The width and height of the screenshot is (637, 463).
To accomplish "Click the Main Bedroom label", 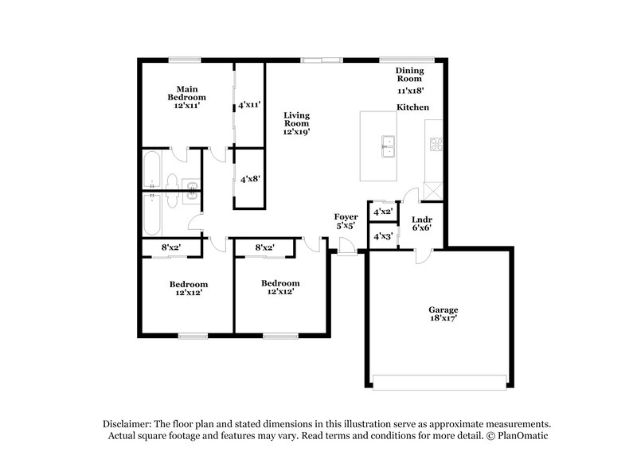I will tap(186, 92).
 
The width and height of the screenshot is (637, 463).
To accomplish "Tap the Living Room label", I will tap(296, 119).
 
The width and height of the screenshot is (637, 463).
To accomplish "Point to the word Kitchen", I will tap(413, 107).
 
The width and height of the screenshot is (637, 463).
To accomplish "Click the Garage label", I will tap(444, 309).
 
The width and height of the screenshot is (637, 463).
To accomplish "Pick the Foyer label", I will tap(346, 216).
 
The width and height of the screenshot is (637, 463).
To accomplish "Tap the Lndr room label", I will tap(422, 220).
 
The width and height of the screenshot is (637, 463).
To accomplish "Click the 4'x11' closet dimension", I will tap(250, 104).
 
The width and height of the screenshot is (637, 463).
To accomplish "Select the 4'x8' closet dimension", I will tap(250, 180).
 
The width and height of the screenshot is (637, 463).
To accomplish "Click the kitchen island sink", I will tap(389, 144).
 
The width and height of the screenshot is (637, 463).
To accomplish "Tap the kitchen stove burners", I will tap(436, 144).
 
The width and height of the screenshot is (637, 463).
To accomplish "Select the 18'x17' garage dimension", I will tap(444, 318).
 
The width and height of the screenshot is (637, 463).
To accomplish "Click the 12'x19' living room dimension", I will tap(296, 132).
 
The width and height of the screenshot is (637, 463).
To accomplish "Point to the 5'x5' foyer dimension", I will tap(346, 225).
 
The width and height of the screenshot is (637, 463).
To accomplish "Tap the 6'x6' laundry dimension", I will tap(422, 228).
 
